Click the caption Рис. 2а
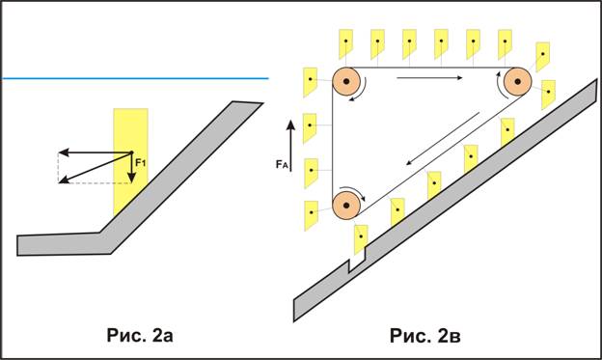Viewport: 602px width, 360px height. pyautogui.click(x=140, y=335)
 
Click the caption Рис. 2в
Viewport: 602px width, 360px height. pyautogui.click(x=425, y=336)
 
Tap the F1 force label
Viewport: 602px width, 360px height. pyautogui.click(x=141, y=163)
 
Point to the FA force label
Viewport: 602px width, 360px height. pyautogui.click(x=282, y=165)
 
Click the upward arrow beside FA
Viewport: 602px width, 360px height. pyautogui.click(x=291, y=145)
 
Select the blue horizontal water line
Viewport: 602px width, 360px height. pyautogui.click(x=135, y=78)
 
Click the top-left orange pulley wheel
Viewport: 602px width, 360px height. pyautogui.click(x=346, y=81)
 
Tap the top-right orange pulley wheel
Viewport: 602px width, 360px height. pyautogui.click(x=517, y=81)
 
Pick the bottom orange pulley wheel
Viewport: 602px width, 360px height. pyautogui.click(x=346, y=206)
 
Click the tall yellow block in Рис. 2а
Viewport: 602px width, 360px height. pyautogui.click(x=130, y=161)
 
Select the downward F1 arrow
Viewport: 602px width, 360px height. pyautogui.click(x=131, y=168)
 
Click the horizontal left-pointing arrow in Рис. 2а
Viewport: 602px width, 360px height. pyautogui.click(x=96, y=152)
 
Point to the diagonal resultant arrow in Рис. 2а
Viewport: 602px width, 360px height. pyautogui.click(x=96, y=168)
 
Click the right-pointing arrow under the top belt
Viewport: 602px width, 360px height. pyautogui.click(x=429, y=78)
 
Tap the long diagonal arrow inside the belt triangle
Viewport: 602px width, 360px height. pyautogui.click(x=443, y=139)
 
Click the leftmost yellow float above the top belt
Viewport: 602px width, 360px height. pyautogui.click(x=346, y=43)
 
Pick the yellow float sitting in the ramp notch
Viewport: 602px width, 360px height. pyautogui.click(x=361, y=239)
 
